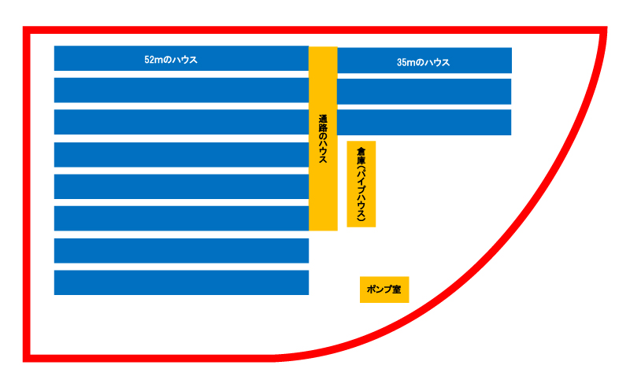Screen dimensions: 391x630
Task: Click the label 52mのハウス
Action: pos(171,60)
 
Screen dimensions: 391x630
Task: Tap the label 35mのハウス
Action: pos(424,62)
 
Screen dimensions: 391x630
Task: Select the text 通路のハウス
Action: pos(323,139)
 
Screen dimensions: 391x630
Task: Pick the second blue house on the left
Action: pos(181,90)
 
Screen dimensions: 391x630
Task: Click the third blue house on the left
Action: pos(181,122)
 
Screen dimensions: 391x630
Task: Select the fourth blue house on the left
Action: pos(181,155)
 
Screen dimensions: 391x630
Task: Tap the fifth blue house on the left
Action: pos(181,186)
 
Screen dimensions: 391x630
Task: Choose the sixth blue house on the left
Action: pos(181,219)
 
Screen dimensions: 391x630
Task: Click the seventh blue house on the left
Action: pos(181,251)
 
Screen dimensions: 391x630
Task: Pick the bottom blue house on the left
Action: pos(181,282)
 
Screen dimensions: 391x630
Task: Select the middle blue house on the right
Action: pos(424,91)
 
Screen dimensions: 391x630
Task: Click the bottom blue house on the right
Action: pos(424,122)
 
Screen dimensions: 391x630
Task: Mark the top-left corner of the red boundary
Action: pos(27,31)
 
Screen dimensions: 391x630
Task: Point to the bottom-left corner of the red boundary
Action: pos(27,358)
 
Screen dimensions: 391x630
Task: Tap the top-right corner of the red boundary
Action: pos(604,31)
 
